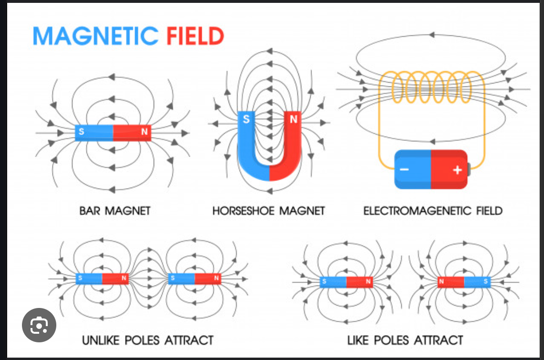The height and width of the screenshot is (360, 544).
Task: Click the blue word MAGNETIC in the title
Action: pos(95,36)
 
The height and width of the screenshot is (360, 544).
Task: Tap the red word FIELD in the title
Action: pos(195,36)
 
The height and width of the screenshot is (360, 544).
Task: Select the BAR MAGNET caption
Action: pos(115,211)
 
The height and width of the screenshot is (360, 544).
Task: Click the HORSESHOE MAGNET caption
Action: pos(269,211)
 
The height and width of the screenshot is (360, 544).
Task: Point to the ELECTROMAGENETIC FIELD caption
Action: pos(433,211)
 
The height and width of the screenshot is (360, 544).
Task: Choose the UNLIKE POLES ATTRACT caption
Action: pos(147,340)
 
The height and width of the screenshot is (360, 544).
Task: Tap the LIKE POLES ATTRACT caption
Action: pos(405,340)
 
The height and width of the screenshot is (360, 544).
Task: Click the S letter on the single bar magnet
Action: pos(81,132)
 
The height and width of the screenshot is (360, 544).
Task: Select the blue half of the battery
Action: pos(412,169)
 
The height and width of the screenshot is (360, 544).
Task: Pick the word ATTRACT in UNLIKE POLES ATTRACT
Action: pos(189,340)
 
